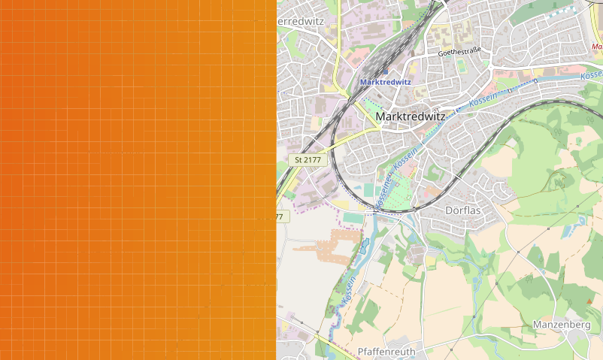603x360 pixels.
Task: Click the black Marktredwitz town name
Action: pos(410,116)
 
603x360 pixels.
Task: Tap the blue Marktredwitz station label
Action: pos(386,82)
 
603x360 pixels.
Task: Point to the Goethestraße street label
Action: pos(459,53)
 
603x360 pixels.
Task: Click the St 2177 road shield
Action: pos(308,159)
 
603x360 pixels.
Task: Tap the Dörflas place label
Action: pos(463,210)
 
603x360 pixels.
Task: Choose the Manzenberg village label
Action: pos(561,325)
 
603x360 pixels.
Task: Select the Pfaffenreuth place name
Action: pos(386,351)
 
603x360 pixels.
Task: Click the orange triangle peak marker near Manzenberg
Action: pos(588,301)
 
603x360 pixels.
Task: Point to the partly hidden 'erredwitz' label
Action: pos(301,21)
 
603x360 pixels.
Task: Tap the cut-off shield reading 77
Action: pos(279,216)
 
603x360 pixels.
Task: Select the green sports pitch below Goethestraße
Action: pos(461,65)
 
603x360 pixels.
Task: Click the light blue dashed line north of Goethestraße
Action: pos(553,16)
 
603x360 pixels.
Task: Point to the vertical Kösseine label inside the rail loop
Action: pos(383,188)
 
